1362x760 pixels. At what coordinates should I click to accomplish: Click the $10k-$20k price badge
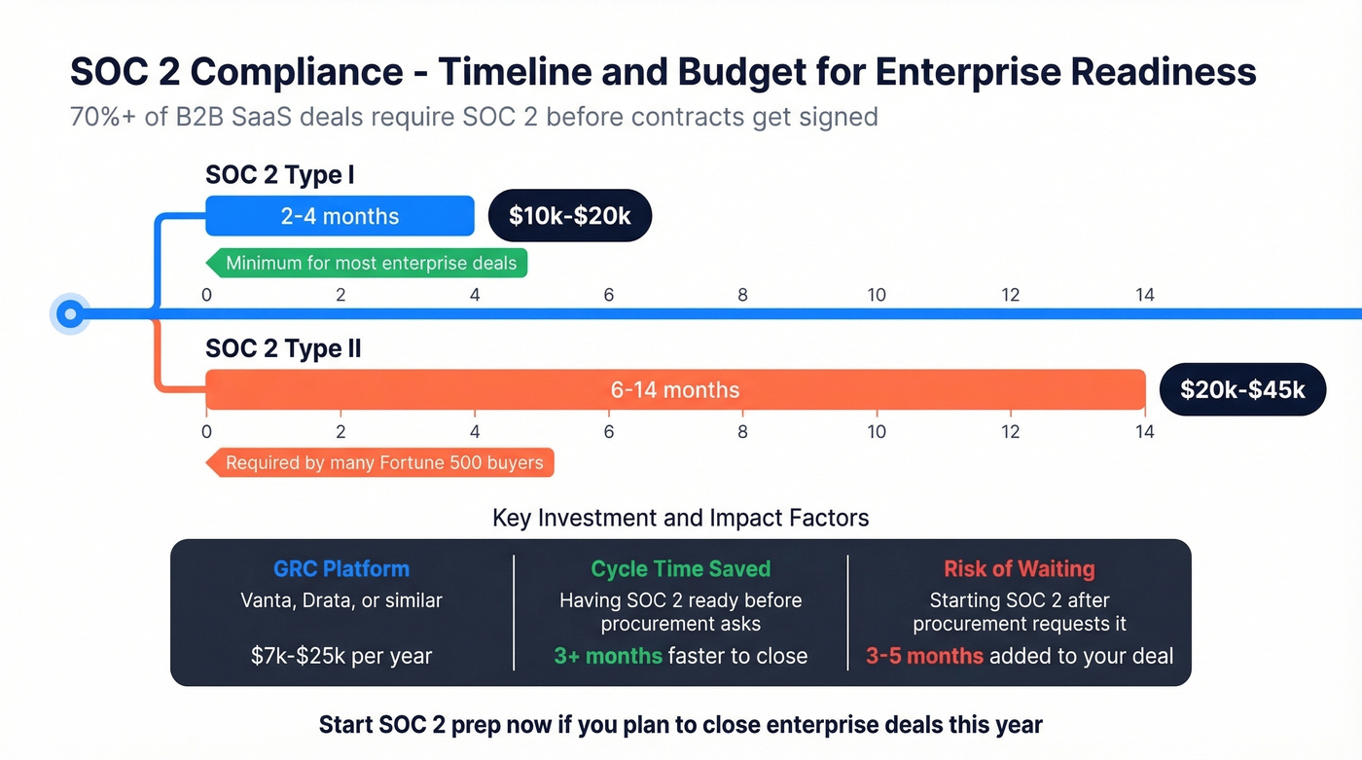click(569, 215)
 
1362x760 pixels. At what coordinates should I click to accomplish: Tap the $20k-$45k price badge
click(1242, 390)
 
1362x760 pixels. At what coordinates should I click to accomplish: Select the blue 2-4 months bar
click(340, 216)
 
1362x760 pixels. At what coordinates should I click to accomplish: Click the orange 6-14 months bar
click(674, 390)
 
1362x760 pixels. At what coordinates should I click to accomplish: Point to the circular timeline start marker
click(69, 313)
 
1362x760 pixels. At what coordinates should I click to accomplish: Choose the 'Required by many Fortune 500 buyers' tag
click(381, 462)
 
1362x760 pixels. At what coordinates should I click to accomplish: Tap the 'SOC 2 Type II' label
click(283, 348)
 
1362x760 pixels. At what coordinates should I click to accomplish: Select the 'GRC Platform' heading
click(341, 569)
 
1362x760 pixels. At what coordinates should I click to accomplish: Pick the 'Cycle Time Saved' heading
click(680, 569)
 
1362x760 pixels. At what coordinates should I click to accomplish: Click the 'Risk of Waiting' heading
click(1019, 569)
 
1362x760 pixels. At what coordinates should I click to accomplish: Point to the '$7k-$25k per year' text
click(341, 656)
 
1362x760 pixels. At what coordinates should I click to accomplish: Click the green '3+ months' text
click(608, 656)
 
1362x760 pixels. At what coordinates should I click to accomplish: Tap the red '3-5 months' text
click(924, 656)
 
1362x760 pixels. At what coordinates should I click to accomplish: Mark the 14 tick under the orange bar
click(1144, 431)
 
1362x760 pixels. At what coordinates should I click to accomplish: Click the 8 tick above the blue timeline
click(742, 294)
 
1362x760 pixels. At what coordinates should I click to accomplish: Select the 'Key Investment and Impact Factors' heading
click(680, 518)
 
